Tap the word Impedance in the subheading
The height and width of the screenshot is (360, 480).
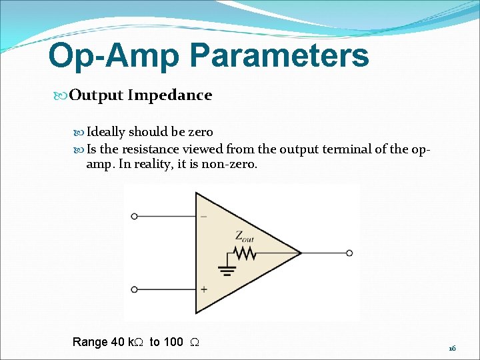169,95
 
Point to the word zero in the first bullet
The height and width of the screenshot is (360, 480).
200,132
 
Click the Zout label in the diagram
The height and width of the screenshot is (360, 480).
244,235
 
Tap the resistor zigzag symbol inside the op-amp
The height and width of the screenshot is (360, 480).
245,253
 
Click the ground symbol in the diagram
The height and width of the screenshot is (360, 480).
227,271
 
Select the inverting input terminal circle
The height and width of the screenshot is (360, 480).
135,217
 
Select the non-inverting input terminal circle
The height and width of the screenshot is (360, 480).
135,289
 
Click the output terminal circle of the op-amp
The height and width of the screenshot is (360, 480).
349,253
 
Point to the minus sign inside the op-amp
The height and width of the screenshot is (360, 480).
203,217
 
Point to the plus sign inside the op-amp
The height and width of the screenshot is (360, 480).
203,289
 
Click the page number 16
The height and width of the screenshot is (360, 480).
451,349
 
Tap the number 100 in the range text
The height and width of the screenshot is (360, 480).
173,342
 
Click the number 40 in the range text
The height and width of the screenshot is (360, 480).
117,342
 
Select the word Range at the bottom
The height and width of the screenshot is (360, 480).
90,342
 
